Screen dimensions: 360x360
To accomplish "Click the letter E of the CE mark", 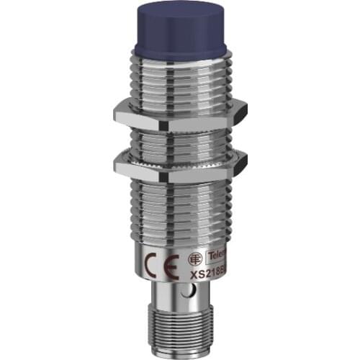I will pos(162,256).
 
